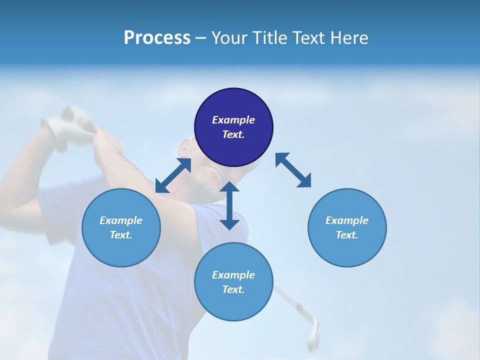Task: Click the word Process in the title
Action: [157, 38]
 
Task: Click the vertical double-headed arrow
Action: [229, 205]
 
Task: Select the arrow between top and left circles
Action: [173, 175]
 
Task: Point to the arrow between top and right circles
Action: [293, 170]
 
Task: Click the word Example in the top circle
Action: [233, 120]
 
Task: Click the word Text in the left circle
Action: [121, 235]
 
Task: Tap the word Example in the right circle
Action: [347, 220]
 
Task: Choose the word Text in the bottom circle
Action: [233, 289]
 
